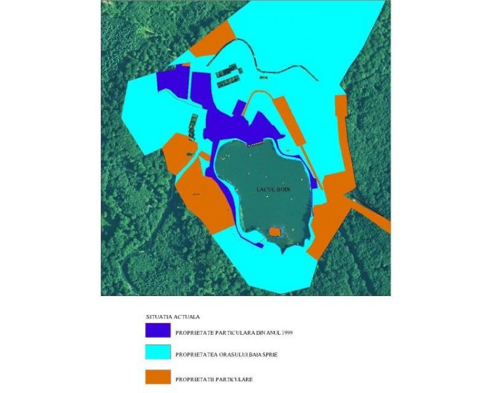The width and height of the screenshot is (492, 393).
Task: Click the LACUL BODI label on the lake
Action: pyautogui.click(x=272, y=189)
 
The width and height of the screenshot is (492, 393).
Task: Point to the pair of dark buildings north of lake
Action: pyautogui.click(x=227, y=78)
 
